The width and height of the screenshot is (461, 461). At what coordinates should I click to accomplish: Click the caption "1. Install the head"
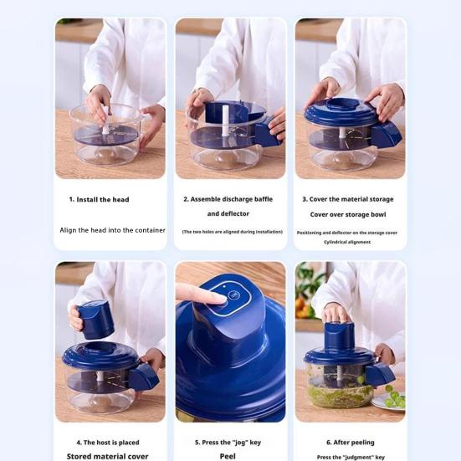pos(99,200)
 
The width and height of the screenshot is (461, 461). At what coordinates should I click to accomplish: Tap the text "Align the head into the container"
pos(112,230)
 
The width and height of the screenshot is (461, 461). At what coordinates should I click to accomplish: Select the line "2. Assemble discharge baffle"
pos(228,199)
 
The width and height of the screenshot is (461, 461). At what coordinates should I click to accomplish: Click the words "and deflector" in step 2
pos(228,214)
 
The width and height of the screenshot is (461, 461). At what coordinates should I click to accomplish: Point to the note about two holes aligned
pos(232,232)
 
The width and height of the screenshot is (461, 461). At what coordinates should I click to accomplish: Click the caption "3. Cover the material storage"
pos(347,199)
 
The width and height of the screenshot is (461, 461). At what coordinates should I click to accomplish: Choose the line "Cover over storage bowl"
pos(348,214)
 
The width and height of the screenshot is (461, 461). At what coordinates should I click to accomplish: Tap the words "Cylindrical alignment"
pos(347,242)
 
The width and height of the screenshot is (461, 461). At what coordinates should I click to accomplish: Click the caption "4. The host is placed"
pos(108,443)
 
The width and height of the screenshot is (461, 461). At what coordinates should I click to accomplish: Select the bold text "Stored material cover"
pos(108,457)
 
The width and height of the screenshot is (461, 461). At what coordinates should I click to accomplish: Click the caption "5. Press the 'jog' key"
pos(228,443)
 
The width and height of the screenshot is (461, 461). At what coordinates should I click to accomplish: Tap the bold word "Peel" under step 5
pos(228,457)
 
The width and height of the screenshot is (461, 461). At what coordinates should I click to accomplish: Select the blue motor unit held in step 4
pos(95,319)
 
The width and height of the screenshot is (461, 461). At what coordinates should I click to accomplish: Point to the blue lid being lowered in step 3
pos(343,111)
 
